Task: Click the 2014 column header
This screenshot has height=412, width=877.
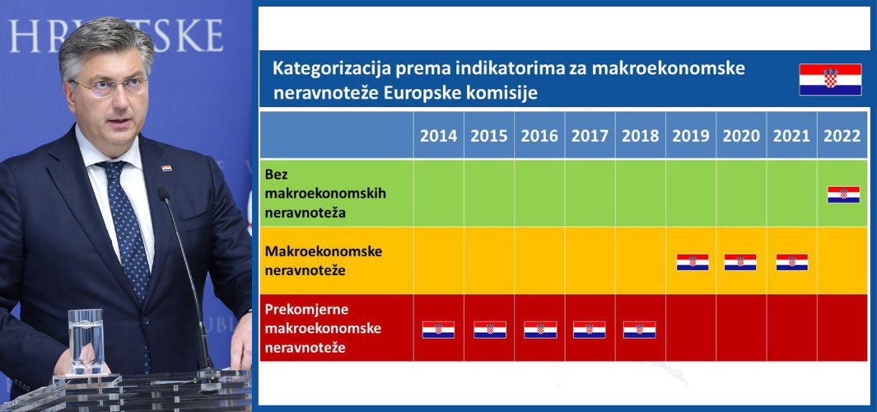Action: pyautogui.click(x=438, y=136)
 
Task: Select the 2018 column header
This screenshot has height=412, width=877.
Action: pyautogui.click(x=641, y=136)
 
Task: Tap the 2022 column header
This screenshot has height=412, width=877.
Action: pyautogui.click(x=842, y=136)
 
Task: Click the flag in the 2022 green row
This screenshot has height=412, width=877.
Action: pyautogui.click(x=843, y=194)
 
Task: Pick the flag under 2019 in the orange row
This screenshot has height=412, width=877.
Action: pyautogui.click(x=693, y=262)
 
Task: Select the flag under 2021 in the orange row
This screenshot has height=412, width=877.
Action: pyautogui.click(x=792, y=262)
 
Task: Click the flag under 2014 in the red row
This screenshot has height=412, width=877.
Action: pyautogui.click(x=438, y=330)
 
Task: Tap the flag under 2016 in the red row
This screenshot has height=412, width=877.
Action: pyautogui.click(x=540, y=330)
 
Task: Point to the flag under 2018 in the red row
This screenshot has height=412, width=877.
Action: pyautogui.click(x=639, y=330)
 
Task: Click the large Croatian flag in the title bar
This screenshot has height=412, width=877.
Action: pyautogui.click(x=830, y=79)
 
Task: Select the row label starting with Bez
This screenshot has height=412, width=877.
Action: pyautogui.click(x=325, y=193)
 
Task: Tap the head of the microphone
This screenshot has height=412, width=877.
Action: pyautogui.click(x=163, y=194)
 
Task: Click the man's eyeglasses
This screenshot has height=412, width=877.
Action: pyautogui.click(x=110, y=87)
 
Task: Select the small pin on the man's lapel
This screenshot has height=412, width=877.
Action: pyautogui.click(x=166, y=168)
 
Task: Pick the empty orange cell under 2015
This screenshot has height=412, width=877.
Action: pyautogui.click(x=489, y=260)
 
